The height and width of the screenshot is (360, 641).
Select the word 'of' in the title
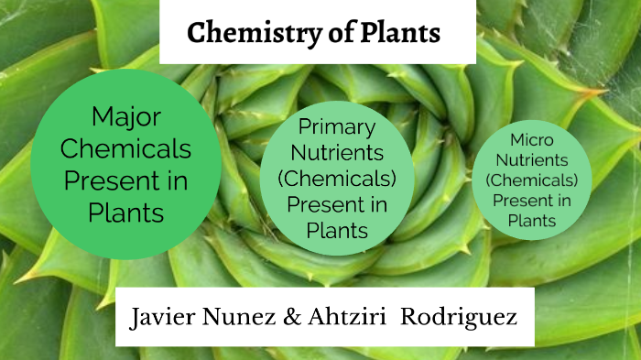[x=329, y=34]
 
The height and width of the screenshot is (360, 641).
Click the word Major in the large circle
[x=126, y=116]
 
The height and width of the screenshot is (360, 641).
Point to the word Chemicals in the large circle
[x=126, y=148]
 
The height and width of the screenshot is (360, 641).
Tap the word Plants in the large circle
[x=126, y=213]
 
